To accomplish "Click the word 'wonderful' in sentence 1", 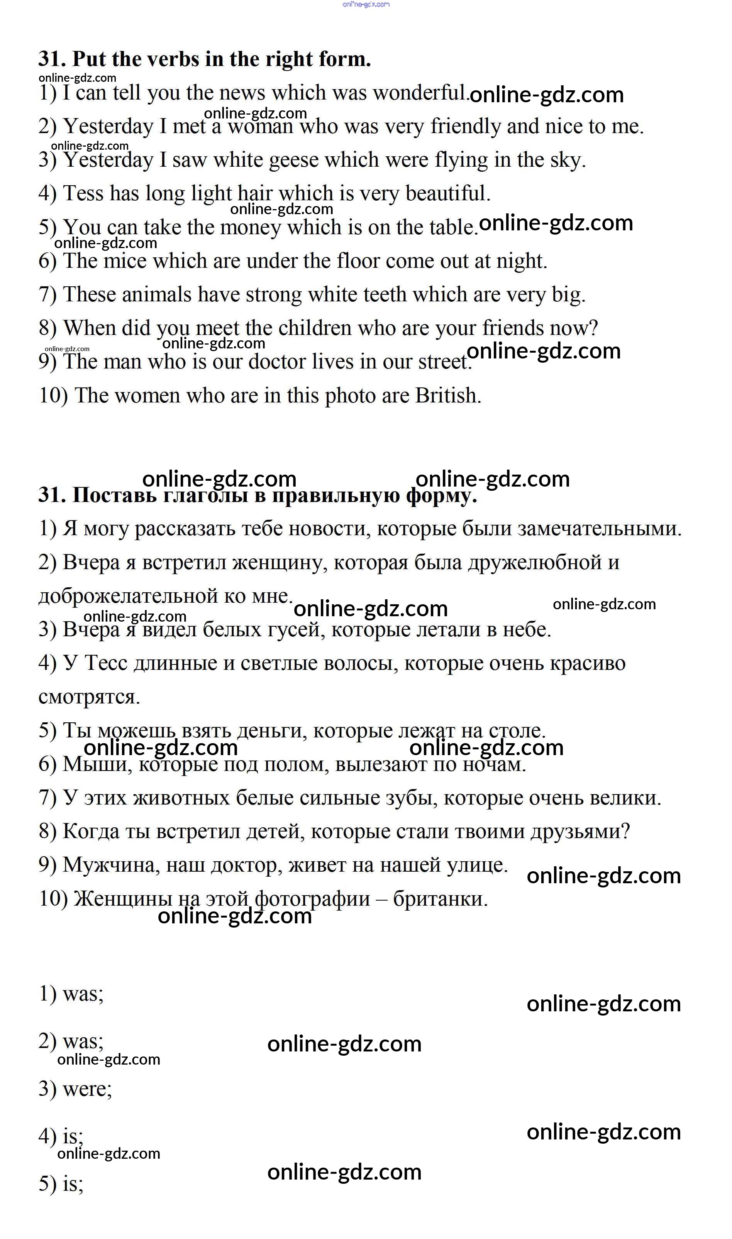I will pos(419,93).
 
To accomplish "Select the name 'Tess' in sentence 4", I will pos(83,193).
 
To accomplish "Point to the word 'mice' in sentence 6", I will pos(125,261).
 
